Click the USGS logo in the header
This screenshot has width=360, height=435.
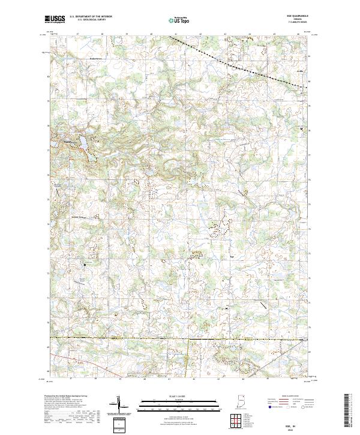click(55, 19)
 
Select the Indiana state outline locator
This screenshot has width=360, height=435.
click(242, 402)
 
